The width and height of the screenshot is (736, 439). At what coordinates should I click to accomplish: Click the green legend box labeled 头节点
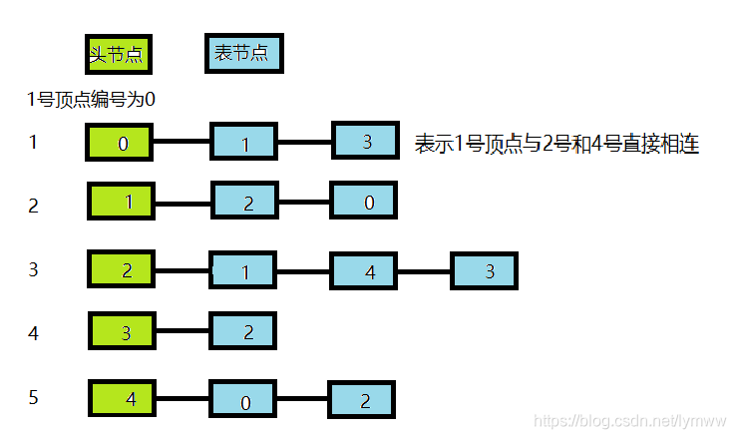pos(118,54)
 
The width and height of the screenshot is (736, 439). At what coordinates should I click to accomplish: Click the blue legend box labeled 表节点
pos(243,53)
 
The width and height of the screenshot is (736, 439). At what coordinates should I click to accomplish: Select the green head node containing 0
pos(120,143)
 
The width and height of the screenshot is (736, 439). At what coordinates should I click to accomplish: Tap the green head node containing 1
pos(122,202)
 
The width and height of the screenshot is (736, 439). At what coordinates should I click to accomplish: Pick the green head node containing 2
pos(122,269)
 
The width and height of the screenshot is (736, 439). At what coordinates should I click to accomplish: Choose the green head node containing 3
pos(122,331)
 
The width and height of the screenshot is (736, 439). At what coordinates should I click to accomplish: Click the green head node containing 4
pos(124,398)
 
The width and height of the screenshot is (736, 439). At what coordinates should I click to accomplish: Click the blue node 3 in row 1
pos(365,141)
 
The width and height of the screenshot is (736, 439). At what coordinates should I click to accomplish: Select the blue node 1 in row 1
pos(244,143)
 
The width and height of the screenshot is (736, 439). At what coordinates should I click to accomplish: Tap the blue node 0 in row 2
pos(364,202)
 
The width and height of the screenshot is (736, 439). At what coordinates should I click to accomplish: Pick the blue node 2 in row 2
pos(245,203)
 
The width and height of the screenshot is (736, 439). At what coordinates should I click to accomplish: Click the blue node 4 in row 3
pos(364,271)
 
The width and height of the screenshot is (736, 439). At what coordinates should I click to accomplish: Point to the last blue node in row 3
pos(486,270)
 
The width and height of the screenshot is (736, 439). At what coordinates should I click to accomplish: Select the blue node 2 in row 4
pos(242,331)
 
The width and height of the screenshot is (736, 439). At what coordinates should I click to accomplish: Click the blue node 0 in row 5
pos(242,401)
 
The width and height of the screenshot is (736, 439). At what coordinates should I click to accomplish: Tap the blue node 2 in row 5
pos(363,400)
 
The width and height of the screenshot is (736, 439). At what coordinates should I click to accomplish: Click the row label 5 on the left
pos(34,397)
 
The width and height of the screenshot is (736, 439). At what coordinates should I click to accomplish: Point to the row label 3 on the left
pos(34,269)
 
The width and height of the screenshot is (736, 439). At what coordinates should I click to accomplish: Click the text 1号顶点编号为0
pos(92,99)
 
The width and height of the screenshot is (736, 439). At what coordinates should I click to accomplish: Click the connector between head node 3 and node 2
pos(183,331)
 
